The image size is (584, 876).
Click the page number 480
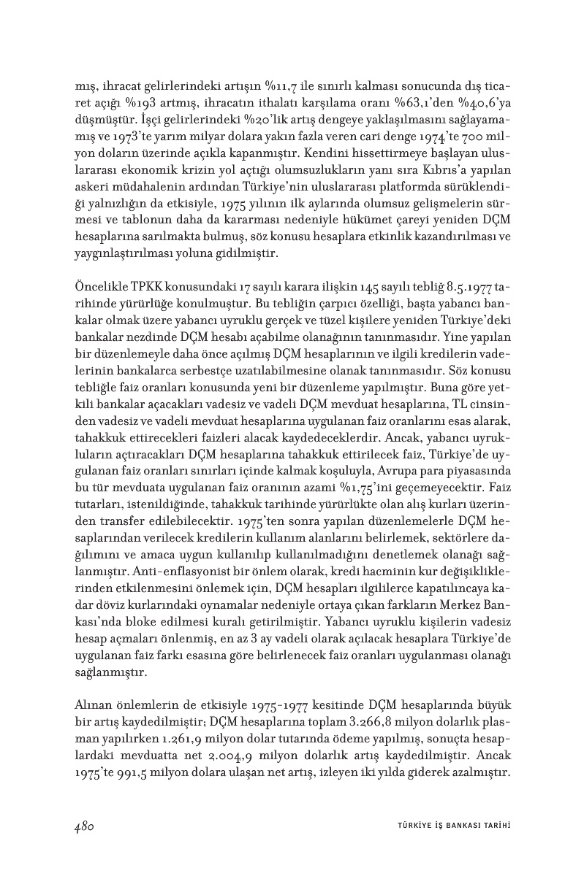tap(86, 826)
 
